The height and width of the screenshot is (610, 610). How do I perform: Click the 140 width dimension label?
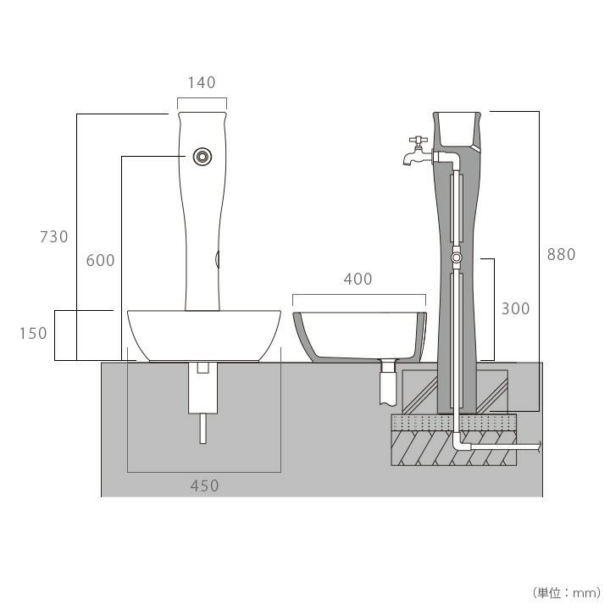pyautogui.click(x=202, y=82)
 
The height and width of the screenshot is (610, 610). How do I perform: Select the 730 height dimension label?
pyautogui.click(x=54, y=236)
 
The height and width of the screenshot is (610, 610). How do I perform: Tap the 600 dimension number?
pyautogui.click(x=100, y=260)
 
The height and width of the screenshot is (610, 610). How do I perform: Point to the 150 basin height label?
pyautogui.click(x=33, y=334)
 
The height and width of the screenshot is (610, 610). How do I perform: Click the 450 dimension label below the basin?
pyautogui.click(x=205, y=486)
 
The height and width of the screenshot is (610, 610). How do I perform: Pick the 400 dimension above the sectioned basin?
pyautogui.click(x=358, y=279)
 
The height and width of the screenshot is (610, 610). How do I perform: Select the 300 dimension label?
pyautogui.click(x=515, y=309)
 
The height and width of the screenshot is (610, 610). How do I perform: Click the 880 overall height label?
pyautogui.click(x=561, y=254)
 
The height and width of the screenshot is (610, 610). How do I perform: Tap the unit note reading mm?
pyautogui.click(x=585, y=593)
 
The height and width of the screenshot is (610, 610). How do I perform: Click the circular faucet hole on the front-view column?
pyautogui.click(x=202, y=157)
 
